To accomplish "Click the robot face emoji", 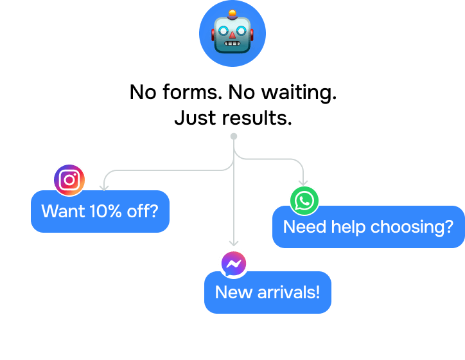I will click(x=232, y=33).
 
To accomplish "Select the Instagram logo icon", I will click(x=69, y=179).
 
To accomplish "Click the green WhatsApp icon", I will click(x=304, y=201).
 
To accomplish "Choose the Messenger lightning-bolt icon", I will click(x=234, y=264).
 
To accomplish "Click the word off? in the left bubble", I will click(x=143, y=211).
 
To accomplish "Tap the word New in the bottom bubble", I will click(x=234, y=292).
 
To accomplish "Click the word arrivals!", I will click(x=288, y=292).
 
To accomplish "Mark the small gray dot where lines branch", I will click(x=234, y=136).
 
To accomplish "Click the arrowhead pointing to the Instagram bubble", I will click(x=103, y=187).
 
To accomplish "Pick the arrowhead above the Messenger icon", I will click(x=234, y=243).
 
